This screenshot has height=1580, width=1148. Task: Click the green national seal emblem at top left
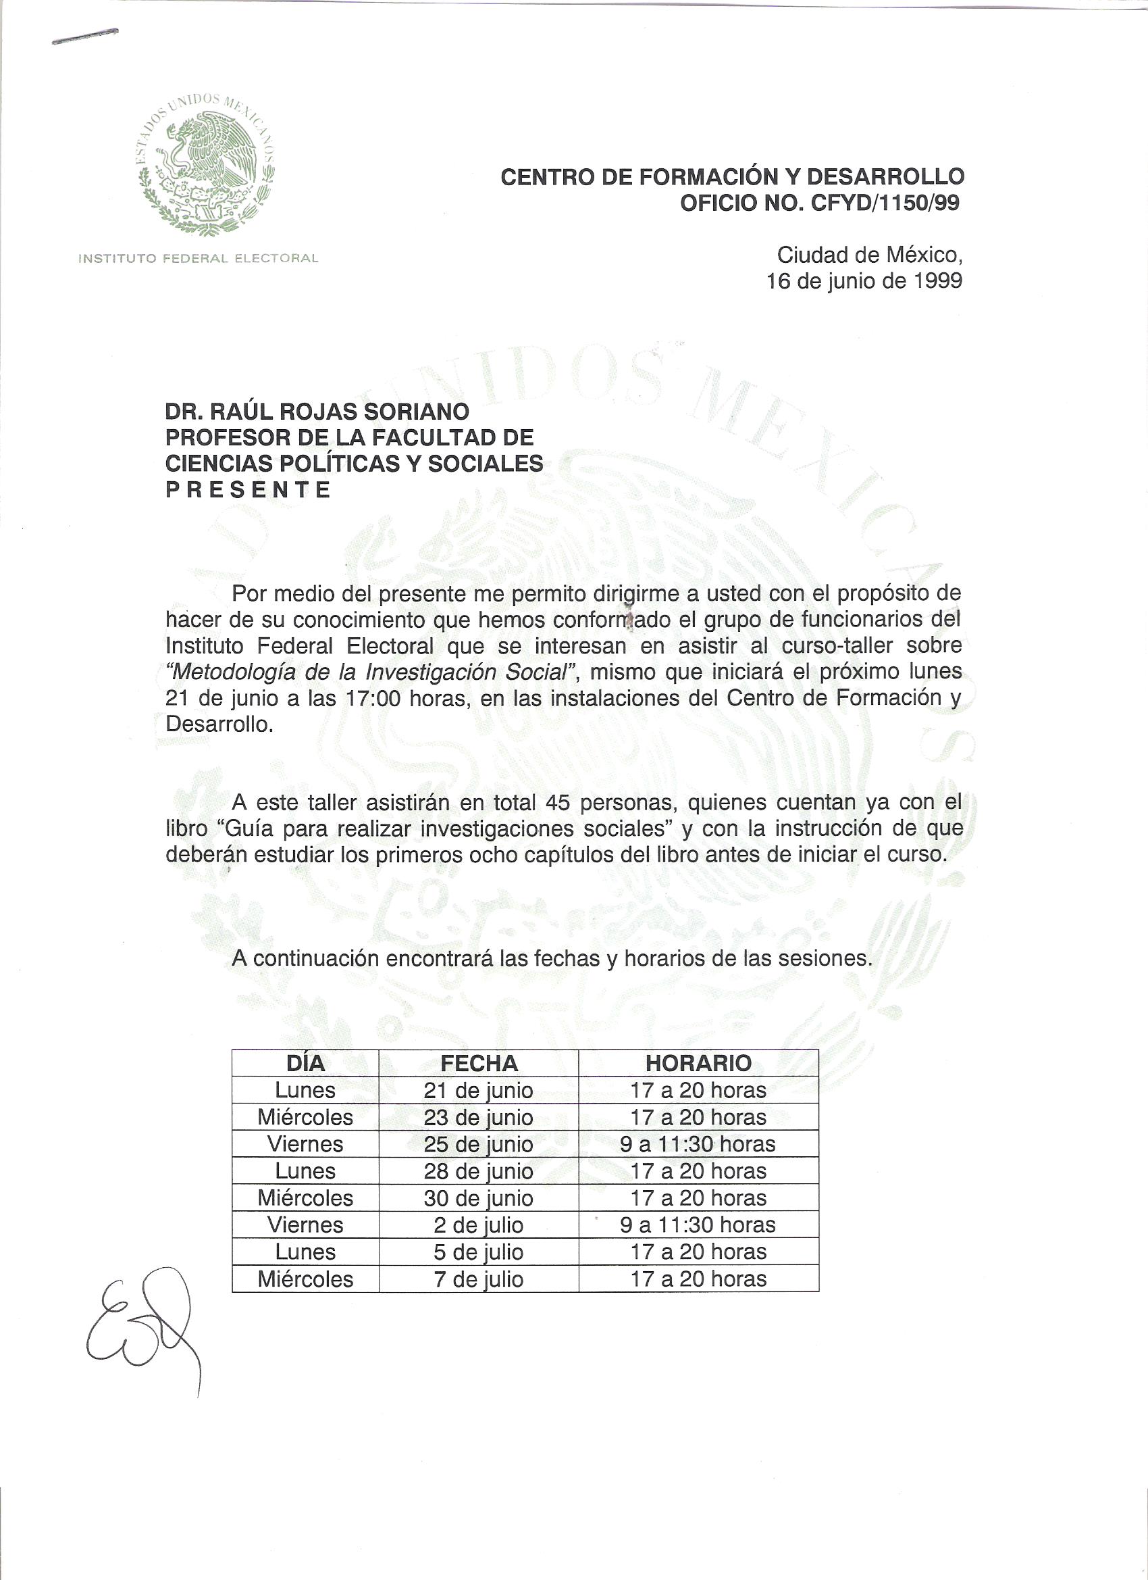[x=205, y=164]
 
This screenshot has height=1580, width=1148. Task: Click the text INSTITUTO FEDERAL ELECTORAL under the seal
[x=199, y=258]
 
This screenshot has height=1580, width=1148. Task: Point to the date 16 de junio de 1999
[x=864, y=280]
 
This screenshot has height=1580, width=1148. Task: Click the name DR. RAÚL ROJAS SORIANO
[x=317, y=411]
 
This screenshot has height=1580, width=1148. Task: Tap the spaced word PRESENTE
[x=248, y=490]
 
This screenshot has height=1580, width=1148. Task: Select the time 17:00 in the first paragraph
[x=373, y=698]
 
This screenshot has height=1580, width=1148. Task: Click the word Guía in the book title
[x=249, y=829]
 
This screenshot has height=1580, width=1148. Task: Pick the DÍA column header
[x=305, y=1063]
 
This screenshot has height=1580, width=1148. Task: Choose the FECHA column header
[x=479, y=1063]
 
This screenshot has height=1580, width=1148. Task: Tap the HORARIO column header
[x=698, y=1063]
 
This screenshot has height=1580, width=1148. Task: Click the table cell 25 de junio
[x=479, y=1144]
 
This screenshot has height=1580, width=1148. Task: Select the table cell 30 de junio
[x=479, y=1198]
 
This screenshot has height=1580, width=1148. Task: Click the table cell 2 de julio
[x=479, y=1225]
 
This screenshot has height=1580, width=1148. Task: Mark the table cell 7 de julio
[x=479, y=1279]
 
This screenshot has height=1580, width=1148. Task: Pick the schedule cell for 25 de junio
[x=698, y=1144]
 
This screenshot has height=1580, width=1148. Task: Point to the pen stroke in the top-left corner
[x=85, y=37]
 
